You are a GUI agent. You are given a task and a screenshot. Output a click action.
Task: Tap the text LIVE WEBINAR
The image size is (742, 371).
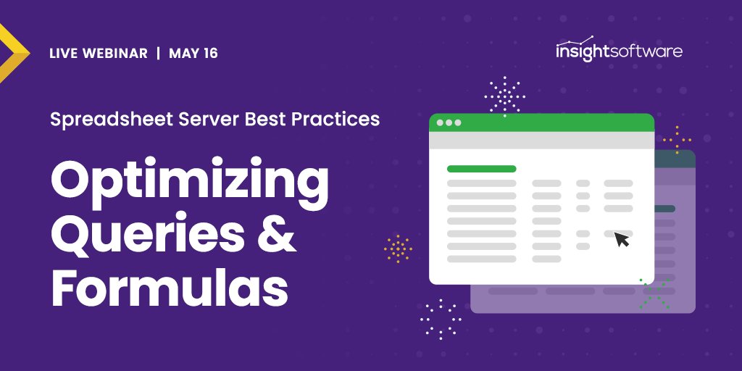[98, 54]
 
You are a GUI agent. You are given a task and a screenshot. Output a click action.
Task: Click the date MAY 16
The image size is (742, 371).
[193, 54]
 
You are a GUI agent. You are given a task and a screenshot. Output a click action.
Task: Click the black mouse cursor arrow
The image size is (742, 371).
[622, 239]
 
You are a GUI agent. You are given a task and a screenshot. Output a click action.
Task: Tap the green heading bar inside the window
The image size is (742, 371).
[481, 169]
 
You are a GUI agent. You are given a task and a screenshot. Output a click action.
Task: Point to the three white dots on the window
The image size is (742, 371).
[449, 122]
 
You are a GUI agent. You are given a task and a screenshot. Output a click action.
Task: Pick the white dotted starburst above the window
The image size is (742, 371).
[504, 95]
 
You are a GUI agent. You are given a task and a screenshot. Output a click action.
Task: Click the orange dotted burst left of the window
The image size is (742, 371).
[398, 249]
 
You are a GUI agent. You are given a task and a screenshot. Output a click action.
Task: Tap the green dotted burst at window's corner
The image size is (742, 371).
[654, 293]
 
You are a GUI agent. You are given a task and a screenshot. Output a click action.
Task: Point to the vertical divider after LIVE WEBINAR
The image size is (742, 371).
[158, 54]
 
